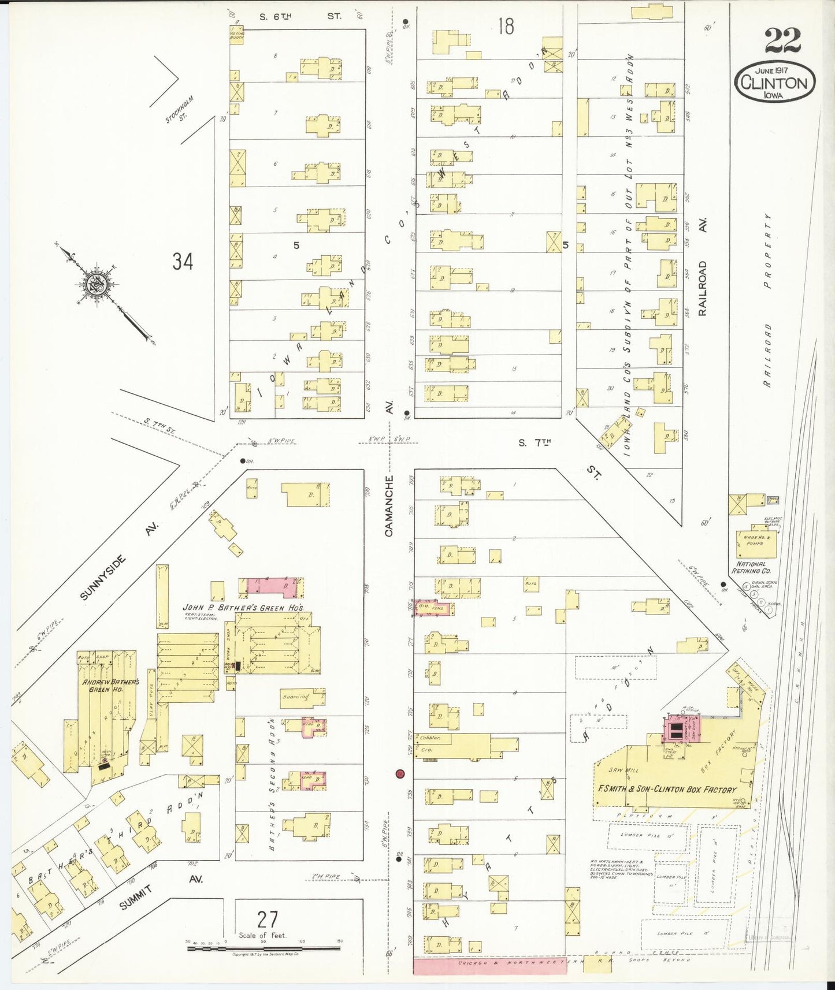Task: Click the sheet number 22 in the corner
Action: (x=783, y=40)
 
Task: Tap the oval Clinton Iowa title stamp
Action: (x=774, y=83)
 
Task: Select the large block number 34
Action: (x=183, y=262)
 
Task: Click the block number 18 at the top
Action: (x=505, y=27)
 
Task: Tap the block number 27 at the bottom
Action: (x=268, y=919)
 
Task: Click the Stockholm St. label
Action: (x=180, y=109)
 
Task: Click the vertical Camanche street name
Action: (x=389, y=505)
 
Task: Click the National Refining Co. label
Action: (x=751, y=567)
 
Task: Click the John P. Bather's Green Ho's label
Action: (x=243, y=608)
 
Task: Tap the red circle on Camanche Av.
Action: (x=399, y=773)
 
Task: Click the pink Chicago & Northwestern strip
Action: (x=489, y=965)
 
